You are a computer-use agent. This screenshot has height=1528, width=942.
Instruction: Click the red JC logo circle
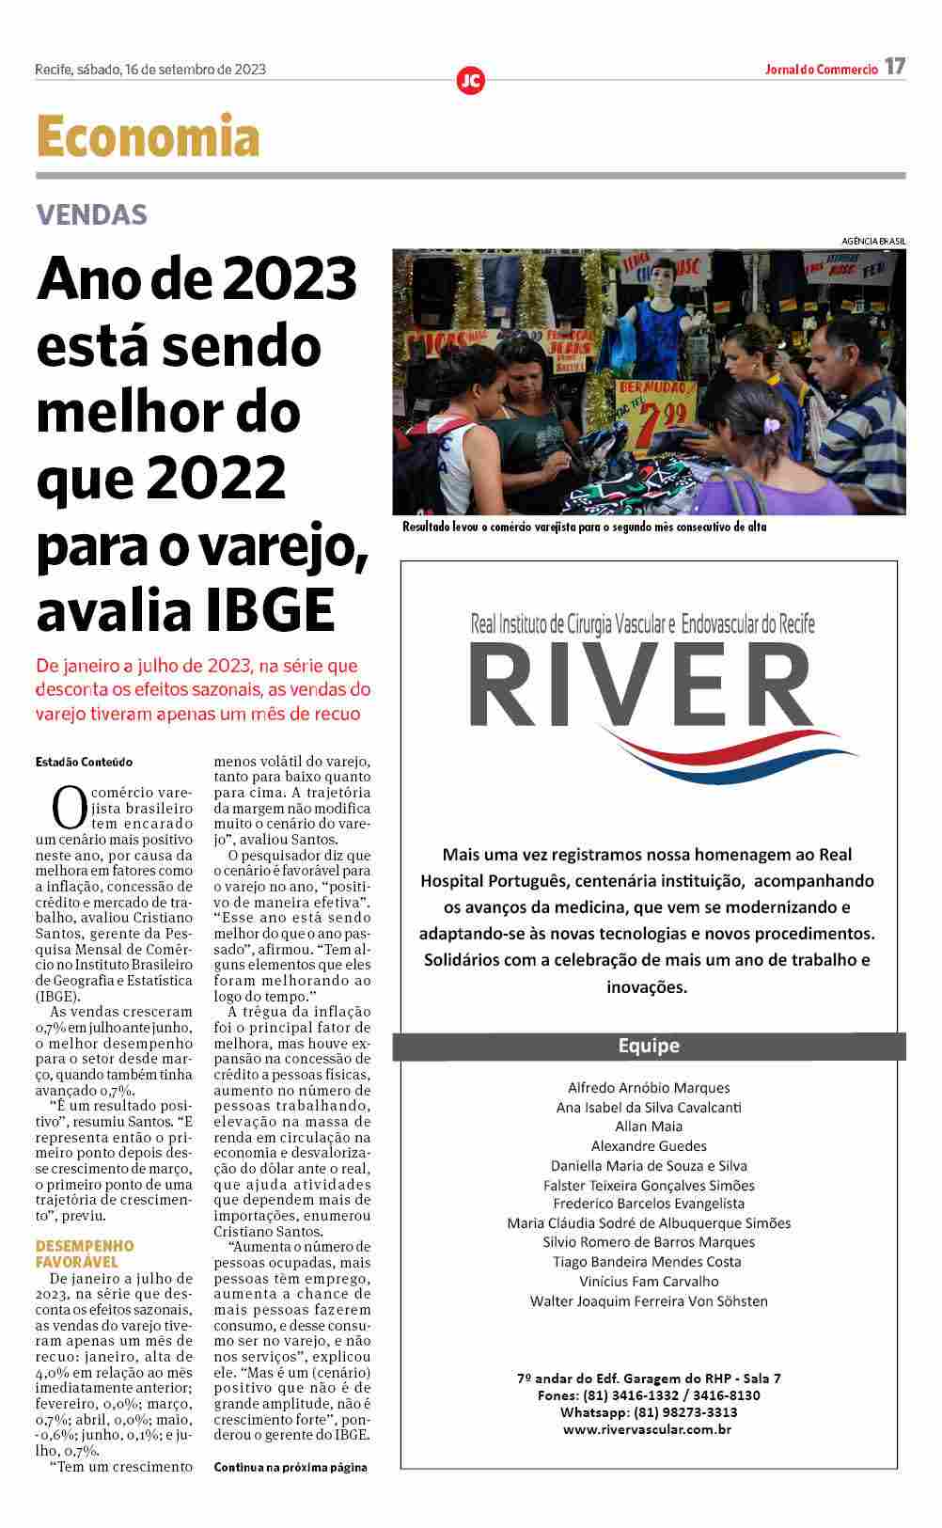[470, 81]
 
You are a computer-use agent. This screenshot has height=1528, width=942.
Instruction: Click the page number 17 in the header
[895, 67]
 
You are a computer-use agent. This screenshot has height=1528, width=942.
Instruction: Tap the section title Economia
[148, 137]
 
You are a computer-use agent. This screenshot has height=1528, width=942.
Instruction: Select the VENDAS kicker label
[92, 214]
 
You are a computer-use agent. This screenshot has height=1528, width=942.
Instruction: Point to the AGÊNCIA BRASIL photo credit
[873, 242]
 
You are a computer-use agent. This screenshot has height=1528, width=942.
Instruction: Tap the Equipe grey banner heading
[649, 1046]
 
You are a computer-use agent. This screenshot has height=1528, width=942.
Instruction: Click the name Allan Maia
[649, 1126]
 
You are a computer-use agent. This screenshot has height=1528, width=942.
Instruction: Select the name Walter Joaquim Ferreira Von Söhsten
[649, 1301]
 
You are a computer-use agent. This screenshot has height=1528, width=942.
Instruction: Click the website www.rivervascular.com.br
[648, 1429]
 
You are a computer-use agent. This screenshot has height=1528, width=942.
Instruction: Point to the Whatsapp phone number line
[649, 1412]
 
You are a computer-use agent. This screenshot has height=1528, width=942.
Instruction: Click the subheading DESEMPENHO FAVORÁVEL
[85, 1253]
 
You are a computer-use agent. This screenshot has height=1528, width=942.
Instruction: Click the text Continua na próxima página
[290, 1467]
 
